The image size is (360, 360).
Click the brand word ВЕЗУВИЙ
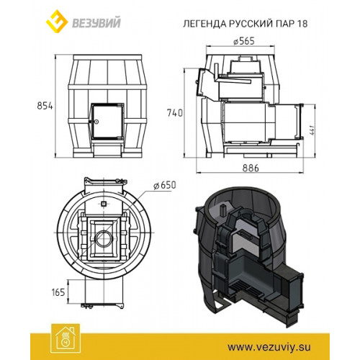(x=96, y=23)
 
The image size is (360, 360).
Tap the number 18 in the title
(x=302, y=24)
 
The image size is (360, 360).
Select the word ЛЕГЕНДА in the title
(x=204, y=24)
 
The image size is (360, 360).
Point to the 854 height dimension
(x=45, y=106)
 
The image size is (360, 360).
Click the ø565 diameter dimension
(x=243, y=41)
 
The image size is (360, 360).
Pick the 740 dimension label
(x=175, y=113)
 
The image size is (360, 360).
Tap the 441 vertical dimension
(x=312, y=130)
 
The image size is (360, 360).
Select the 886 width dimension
(x=251, y=168)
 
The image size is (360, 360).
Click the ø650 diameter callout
(x=165, y=185)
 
